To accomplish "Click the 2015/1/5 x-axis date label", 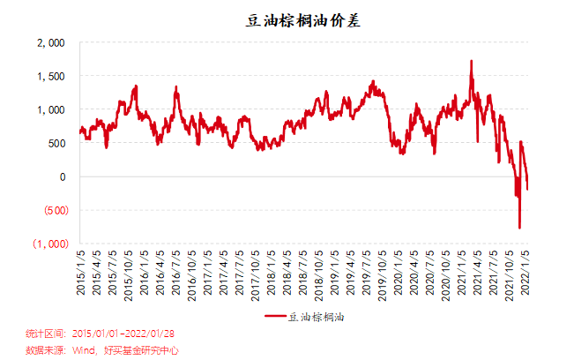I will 80,272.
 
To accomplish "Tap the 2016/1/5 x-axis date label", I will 144,272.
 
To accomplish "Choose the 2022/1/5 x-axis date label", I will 526,272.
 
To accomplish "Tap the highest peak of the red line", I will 472,61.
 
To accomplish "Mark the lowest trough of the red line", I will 519,228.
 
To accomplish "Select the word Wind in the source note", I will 83,349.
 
